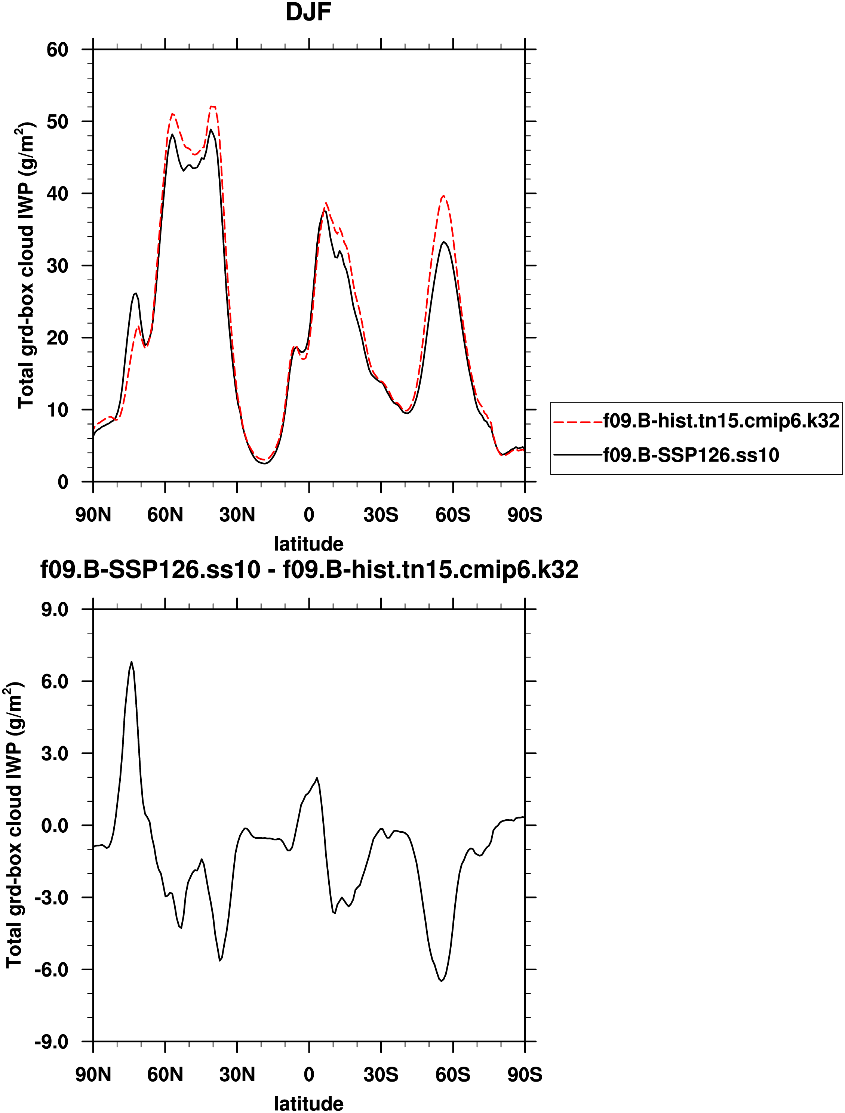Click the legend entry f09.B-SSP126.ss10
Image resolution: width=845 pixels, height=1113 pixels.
tap(691, 455)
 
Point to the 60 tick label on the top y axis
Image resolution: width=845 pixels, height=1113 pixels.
tap(57, 50)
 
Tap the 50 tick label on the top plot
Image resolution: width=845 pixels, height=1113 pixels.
tap(57, 122)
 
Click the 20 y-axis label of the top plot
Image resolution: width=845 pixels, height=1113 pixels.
tap(57, 337)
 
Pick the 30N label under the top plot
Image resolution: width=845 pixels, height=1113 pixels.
tap(237, 515)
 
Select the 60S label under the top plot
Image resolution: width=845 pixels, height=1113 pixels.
tap(453, 515)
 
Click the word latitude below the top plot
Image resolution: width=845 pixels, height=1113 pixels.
tap(308, 544)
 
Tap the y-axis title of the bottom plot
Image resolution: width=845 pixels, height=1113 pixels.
tap(15, 825)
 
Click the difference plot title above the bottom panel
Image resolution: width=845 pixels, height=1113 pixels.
tap(309, 570)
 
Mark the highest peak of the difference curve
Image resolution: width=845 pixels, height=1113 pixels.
tap(132, 662)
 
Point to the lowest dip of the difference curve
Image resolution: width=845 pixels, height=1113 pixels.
tap(441, 981)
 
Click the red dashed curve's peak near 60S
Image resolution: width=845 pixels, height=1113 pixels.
tap(443, 196)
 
